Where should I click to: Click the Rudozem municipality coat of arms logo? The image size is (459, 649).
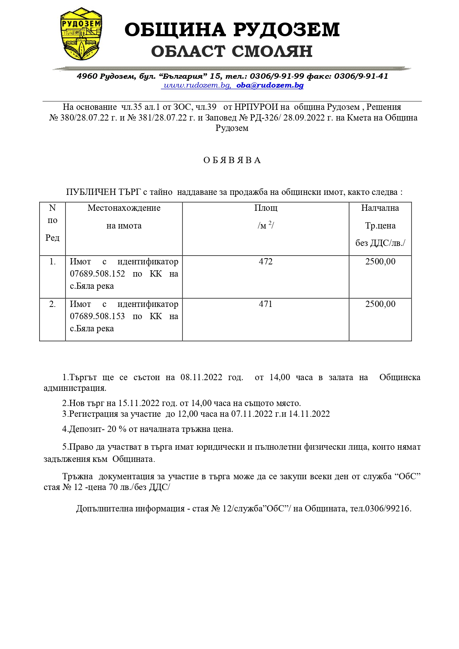pyautogui.click(x=81, y=34)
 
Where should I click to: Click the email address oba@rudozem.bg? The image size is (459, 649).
pyautogui.click(x=270, y=85)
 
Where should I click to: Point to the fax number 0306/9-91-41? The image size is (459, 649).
pyautogui.click(x=361, y=76)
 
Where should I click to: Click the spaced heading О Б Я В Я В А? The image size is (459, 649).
pyautogui.click(x=232, y=160)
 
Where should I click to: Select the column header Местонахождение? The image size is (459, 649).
pyautogui.click(x=124, y=208)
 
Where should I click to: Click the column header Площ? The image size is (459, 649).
pyautogui.click(x=266, y=208)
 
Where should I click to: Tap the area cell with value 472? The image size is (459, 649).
pyautogui.click(x=266, y=262)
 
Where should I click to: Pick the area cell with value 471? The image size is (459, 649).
pyautogui.click(x=266, y=304)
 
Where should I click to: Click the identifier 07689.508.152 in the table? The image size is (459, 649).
pyautogui.click(x=97, y=274)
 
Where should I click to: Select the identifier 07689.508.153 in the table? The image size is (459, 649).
pyautogui.click(x=97, y=317)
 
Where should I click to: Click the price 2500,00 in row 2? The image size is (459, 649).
pyautogui.click(x=380, y=304)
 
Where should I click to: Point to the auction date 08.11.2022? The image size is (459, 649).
pyautogui.click(x=201, y=378)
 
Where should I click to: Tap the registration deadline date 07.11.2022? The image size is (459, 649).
pyautogui.click(x=252, y=414)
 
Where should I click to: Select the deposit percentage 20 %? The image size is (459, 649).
pyautogui.click(x=117, y=429)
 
